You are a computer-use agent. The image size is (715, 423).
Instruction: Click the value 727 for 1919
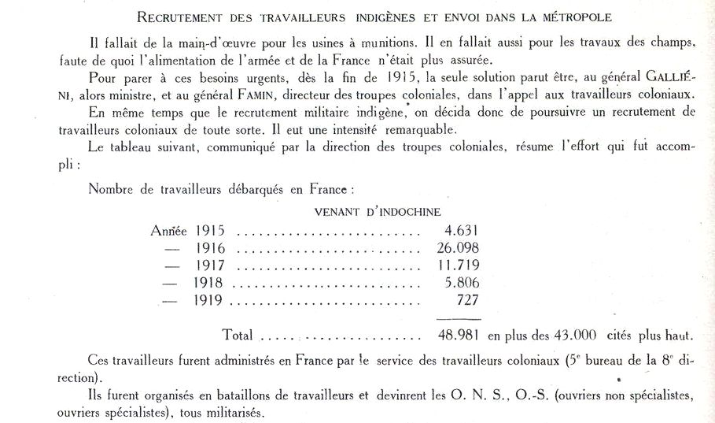pyautogui.click(x=466, y=299)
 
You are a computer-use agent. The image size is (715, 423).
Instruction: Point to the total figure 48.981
pyautogui.click(x=457, y=335)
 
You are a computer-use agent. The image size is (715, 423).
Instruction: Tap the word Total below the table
pyautogui.click(x=238, y=335)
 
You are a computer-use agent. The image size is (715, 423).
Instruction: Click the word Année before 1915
pyautogui.click(x=168, y=231)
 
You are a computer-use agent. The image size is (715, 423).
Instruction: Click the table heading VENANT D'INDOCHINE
pyautogui.click(x=377, y=211)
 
